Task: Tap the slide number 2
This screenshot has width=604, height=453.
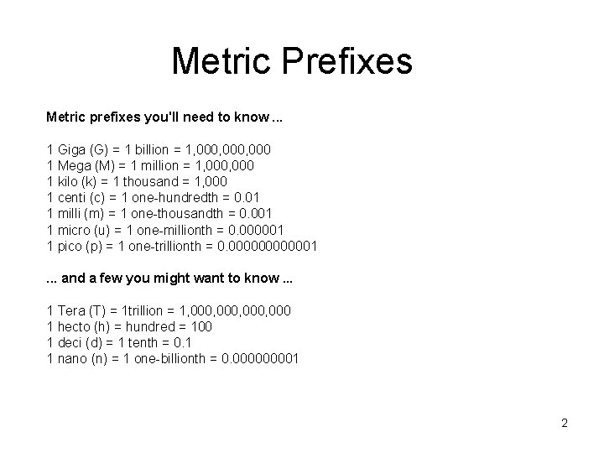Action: click(565, 423)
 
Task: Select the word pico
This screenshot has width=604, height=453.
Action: click(69, 245)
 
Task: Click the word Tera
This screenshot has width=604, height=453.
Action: click(70, 310)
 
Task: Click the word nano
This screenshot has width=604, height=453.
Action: click(70, 358)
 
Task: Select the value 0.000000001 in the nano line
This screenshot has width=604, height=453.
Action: click(258, 358)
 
